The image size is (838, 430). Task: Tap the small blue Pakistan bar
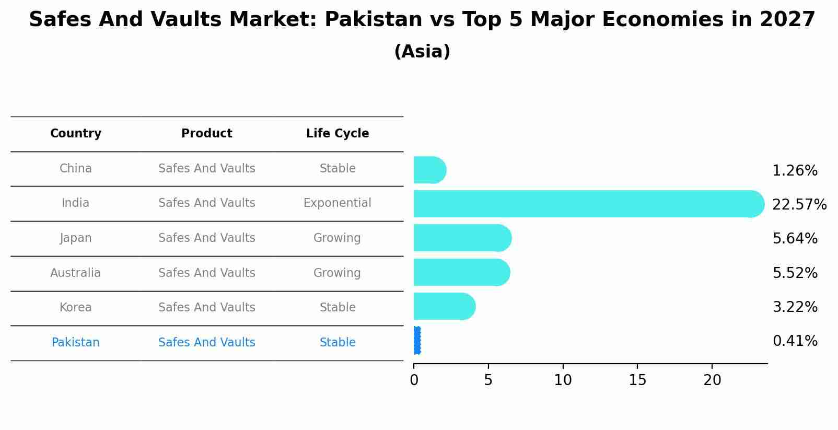pos(417,341)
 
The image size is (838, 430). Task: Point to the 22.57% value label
pos(799,204)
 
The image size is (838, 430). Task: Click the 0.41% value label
pos(795,341)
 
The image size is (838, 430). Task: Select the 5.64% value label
pos(795,239)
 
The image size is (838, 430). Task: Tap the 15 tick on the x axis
pos(637,380)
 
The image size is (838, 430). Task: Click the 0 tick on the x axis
pos(414,380)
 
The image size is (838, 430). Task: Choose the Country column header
pos(76,134)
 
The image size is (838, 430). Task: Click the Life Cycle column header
pos(337,134)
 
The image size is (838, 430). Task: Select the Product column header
pos(207,134)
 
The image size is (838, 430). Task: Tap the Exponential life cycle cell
pos(337,203)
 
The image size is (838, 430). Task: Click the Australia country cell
pos(76,273)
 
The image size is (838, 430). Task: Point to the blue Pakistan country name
pos(76,343)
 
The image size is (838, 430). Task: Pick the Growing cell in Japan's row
pos(337,238)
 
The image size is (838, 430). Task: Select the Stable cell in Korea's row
pos(337,308)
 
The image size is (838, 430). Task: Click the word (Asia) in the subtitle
pos(422,52)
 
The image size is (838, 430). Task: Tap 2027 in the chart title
pos(787,20)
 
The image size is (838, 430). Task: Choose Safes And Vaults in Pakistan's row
pos(207,343)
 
